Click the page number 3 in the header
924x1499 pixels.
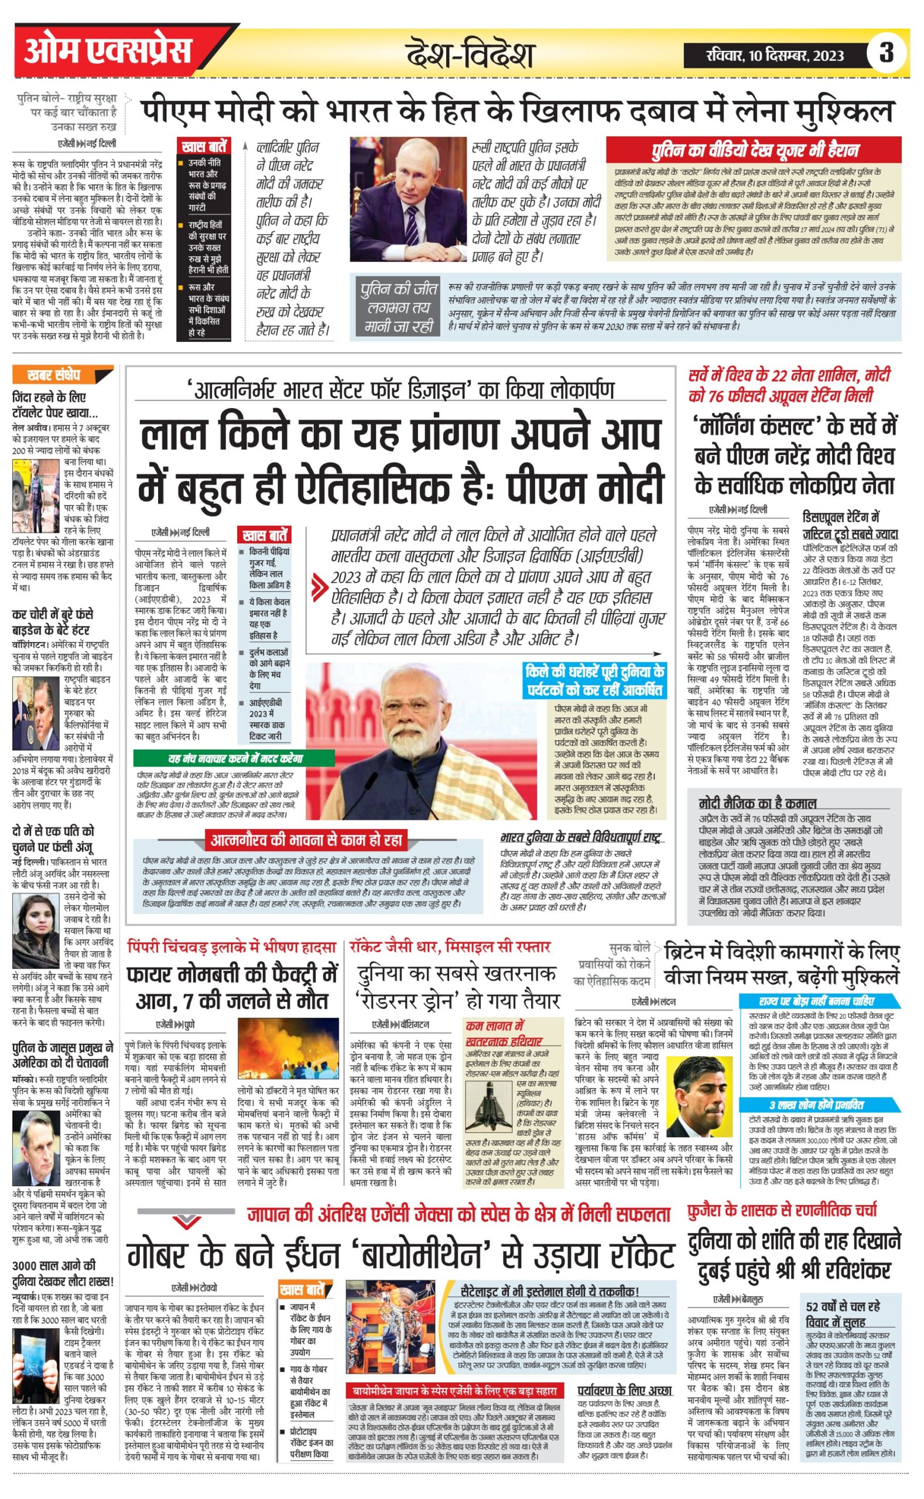(x=885, y=53)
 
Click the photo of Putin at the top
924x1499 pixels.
(x=408, y=199)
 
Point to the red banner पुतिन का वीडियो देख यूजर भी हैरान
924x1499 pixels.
(x=754, y=150)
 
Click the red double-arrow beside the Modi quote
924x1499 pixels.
(x=318, y=588)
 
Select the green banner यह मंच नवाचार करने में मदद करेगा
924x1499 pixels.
(x=235, y=758)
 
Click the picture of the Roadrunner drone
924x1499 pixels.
(x=489, y=1106)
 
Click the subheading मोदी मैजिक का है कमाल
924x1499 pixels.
(x=757, y=802)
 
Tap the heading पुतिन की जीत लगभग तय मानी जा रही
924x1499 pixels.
(x=398, y=307)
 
